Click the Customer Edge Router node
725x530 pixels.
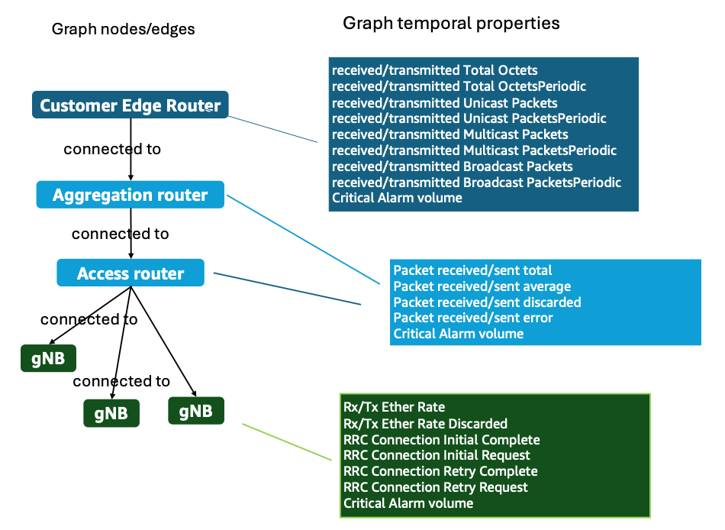pos(130,105)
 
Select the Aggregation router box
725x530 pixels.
pos(130,195)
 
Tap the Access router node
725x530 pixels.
pos(130,273)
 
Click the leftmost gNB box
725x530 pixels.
pos(48,358)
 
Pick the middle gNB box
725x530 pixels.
pos(111,413)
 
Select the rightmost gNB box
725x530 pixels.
pos(195,411)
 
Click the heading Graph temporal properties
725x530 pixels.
pos(451,23)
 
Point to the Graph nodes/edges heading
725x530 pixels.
pos(123,30)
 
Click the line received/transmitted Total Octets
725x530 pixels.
pos(434,70)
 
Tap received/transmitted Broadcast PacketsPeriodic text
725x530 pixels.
pos(476,183)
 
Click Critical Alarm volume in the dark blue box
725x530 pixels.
pos(397,198)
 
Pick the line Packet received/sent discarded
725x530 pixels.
pos(487,302)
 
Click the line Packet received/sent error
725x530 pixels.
pos(472,318)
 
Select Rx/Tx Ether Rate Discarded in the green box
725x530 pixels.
pos(425,423)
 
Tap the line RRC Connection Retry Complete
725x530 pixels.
pos(440,471)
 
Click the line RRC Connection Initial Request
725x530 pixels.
pos(437,455)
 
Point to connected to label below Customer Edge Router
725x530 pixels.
pos(112,149)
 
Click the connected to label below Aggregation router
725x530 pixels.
pos(120,234)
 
